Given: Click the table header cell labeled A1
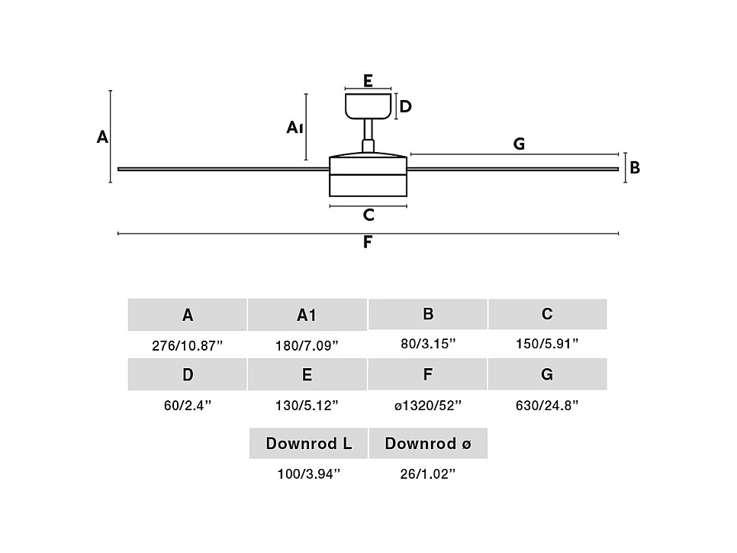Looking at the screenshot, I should tap(307, 315).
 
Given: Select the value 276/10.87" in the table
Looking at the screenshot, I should tap(188, 345).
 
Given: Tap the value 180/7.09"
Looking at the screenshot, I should tap(307, 345).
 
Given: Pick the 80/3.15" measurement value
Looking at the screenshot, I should tap(428, 344).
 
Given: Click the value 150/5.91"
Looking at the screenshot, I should tap(547, 344).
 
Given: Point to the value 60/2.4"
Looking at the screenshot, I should tap(188, 405).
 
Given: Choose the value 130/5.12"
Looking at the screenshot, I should tap(307, 405).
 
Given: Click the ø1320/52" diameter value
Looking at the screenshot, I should tap(428, 405).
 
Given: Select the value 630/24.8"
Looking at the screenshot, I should tap(547, 405).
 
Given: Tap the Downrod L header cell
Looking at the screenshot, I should tap(309, 443).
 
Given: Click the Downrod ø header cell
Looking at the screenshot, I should tap(428, 443).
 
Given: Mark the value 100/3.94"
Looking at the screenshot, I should tap(308, 474).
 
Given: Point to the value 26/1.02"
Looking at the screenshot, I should tap(428, 474).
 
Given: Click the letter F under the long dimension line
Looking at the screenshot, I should tap(368, 243).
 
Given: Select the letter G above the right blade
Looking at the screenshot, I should tap(519, 144).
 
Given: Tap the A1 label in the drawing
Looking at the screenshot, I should tap(295, 128).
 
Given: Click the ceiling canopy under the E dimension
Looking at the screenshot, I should tap(368, 106).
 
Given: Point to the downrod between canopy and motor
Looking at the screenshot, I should tap(368, 134).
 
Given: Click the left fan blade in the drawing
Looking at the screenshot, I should tap(221, 169).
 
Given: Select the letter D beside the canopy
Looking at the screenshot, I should tap(406, 107).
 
